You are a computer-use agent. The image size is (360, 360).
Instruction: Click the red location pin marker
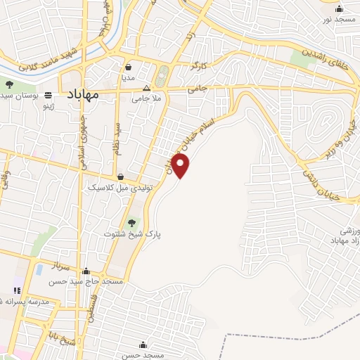tap(181, 166)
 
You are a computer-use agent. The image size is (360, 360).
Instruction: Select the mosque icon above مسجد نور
tap(340, 8)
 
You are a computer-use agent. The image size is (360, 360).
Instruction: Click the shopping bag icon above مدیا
tap(128, 68)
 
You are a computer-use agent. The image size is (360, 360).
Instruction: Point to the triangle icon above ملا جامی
tap(146, 89)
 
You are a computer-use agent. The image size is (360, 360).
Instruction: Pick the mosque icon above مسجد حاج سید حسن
tap(86, 271)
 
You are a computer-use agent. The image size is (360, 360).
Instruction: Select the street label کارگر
tap(196, 65)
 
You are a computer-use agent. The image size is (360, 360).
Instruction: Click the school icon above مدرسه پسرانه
tap(17, 290)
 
